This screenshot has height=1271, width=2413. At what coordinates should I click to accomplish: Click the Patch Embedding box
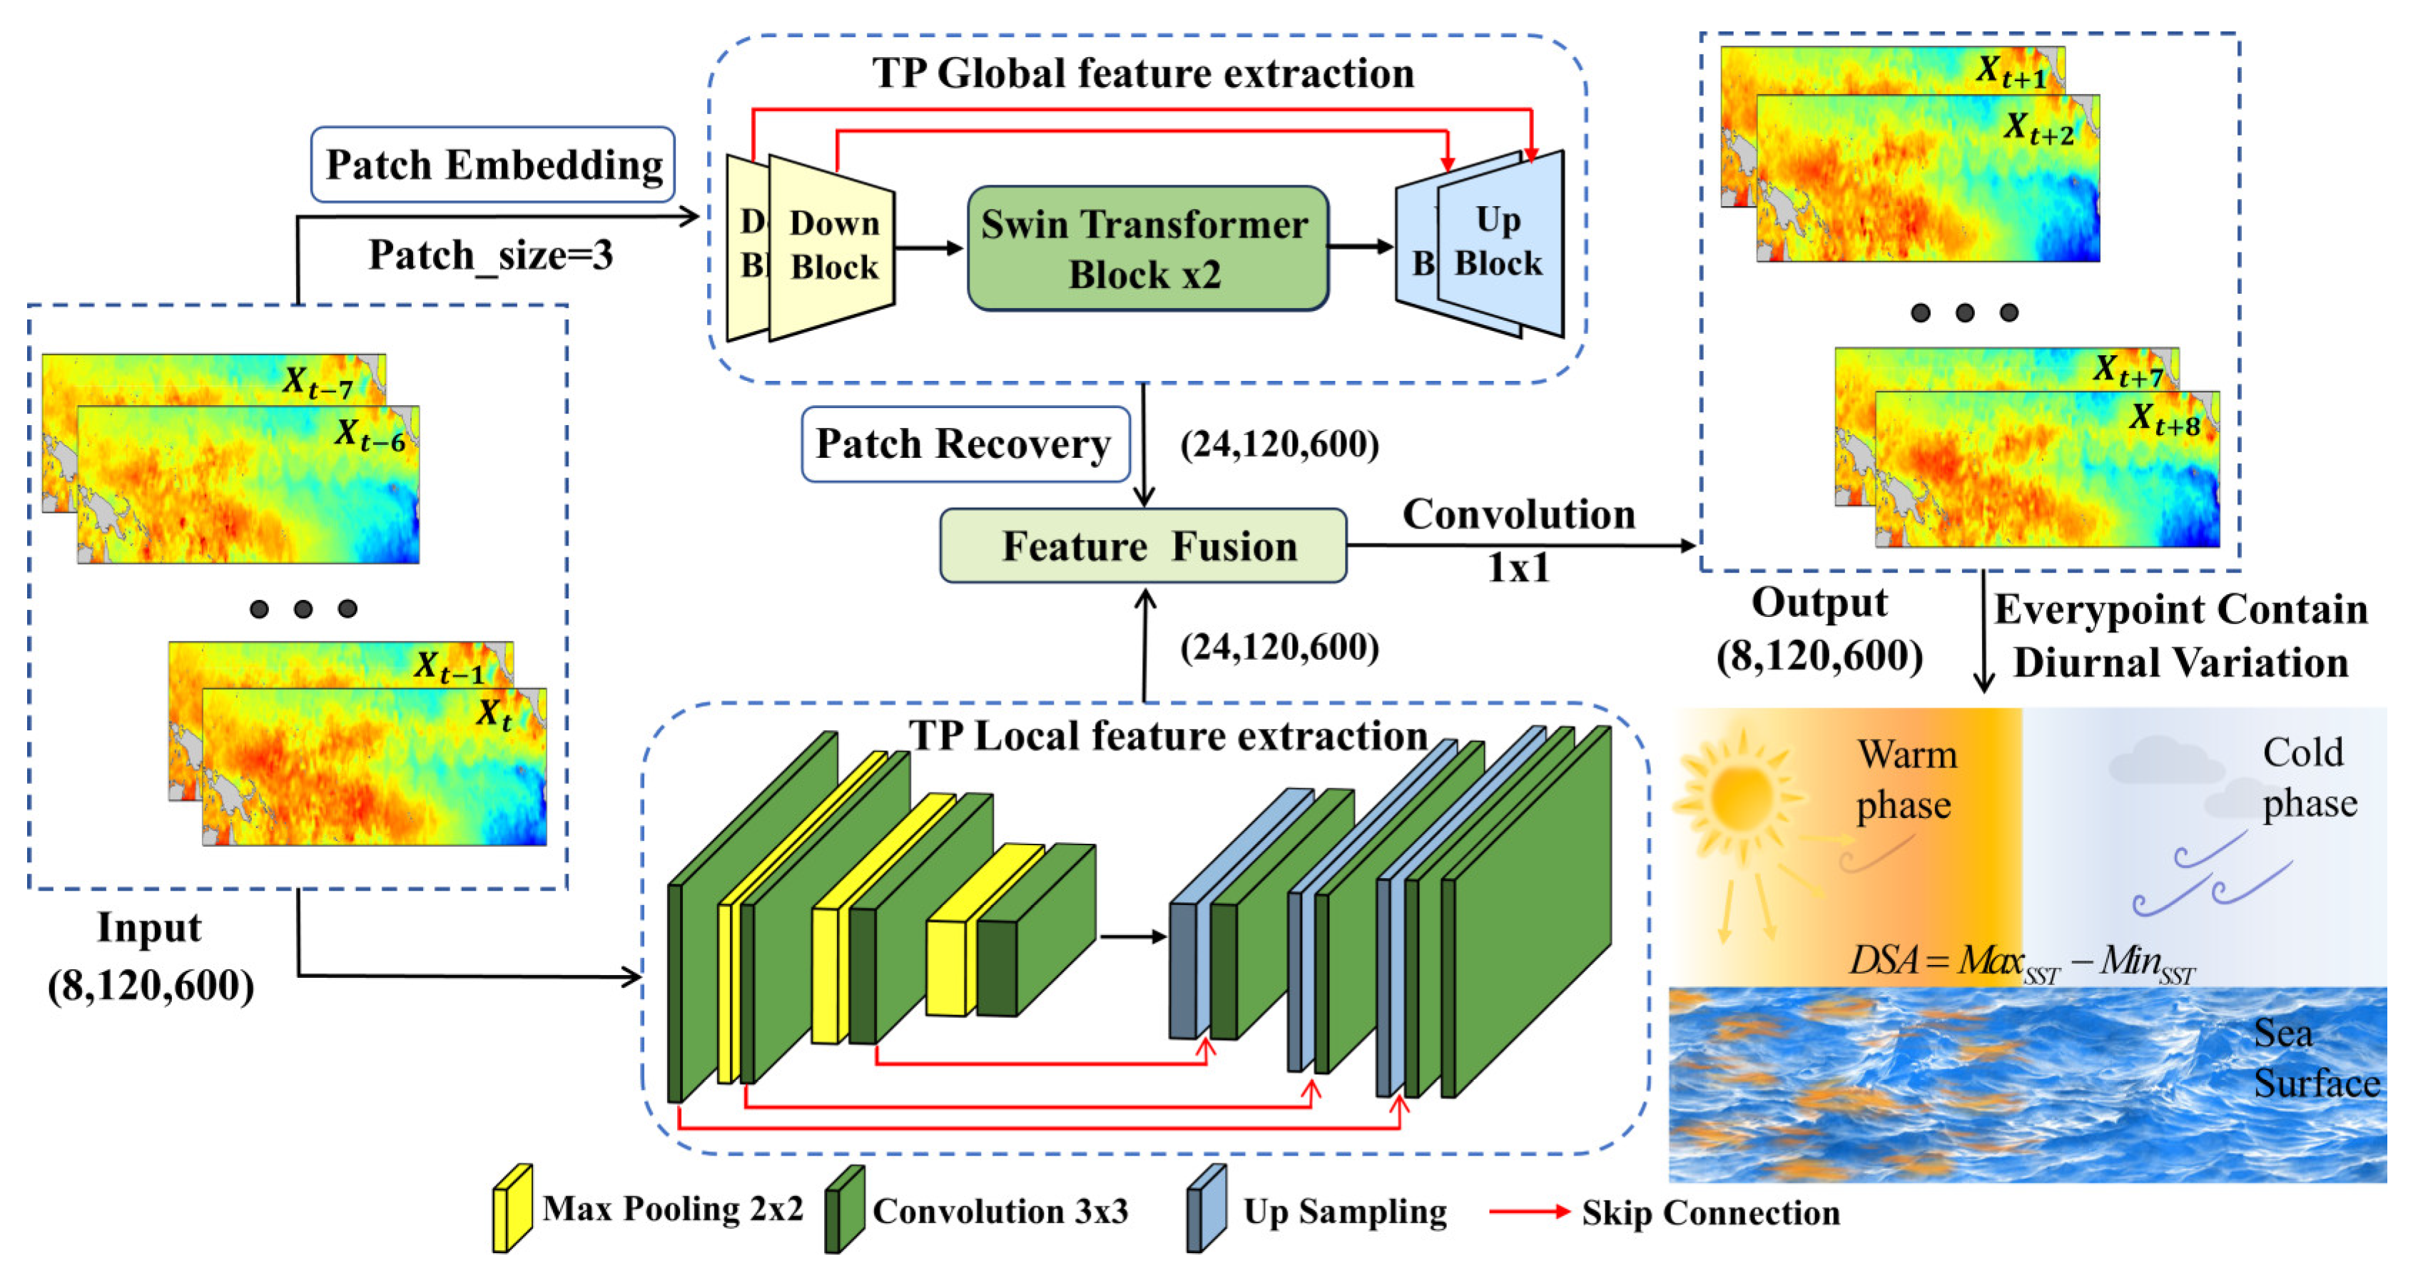coord(493,165)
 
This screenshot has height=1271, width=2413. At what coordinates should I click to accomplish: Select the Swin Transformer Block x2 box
coord(1147,248)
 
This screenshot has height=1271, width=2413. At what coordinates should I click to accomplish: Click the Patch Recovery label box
coord(965,444)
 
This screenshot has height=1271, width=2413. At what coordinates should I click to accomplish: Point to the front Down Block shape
coord(833,247)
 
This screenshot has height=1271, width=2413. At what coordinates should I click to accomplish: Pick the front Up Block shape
coord(1500,243)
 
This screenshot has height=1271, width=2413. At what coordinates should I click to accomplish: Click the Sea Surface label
coord(2314,1058)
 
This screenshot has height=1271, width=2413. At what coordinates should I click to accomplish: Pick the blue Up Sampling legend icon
coord(1206,1208)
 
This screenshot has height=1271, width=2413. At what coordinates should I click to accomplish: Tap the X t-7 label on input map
coord(318,382)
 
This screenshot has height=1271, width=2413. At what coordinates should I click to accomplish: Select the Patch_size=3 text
coord(490,255)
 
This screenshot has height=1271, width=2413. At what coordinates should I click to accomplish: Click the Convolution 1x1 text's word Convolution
coord(1518,514)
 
